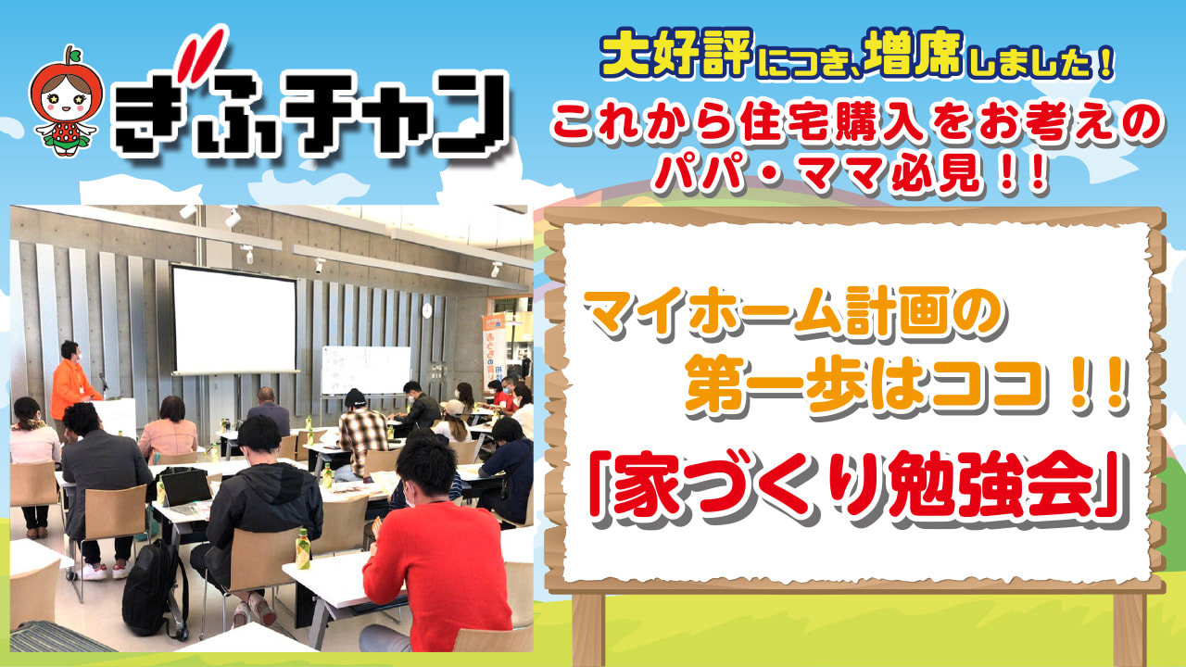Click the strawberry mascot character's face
(66, 98)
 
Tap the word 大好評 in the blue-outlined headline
(676, 54)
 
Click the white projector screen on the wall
(234, 321)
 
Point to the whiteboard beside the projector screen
(366, 370)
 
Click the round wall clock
(427, 309)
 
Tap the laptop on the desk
(185, 491)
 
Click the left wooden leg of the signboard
(587, 629)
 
